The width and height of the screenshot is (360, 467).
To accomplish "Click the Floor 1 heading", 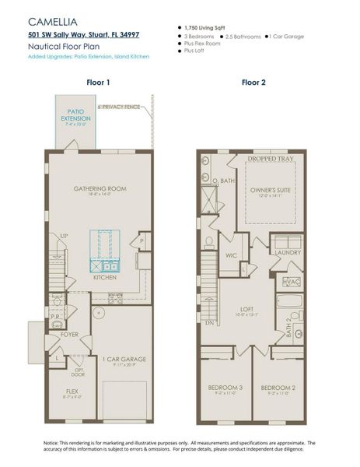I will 97,82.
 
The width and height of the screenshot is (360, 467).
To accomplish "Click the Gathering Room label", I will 100,188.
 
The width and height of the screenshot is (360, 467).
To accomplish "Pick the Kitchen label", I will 105,277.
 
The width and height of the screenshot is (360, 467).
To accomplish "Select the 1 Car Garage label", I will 118,359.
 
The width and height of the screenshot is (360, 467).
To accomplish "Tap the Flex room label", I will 72,392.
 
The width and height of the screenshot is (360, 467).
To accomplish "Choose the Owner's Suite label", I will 270,188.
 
